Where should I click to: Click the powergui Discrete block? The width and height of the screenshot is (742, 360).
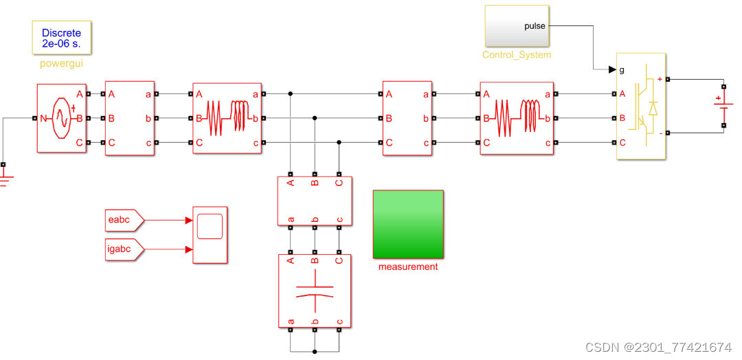coord(61,37)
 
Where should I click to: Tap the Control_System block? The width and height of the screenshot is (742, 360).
coord(517,26)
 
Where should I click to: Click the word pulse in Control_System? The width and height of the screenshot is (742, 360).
coord(535,26)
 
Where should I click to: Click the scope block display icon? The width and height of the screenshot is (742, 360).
coord(210,226)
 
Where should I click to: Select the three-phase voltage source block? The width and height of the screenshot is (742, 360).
coord(61,118)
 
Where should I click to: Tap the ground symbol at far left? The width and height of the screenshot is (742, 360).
coord(4,180)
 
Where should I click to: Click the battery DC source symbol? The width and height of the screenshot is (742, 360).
coord(723,106)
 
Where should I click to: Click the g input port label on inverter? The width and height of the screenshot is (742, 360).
coord(622,69)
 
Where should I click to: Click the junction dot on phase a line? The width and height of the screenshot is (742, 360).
coord(291,93)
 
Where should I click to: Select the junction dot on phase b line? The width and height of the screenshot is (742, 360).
coord(315,118)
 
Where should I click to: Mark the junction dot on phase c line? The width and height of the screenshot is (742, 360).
coord(339,142)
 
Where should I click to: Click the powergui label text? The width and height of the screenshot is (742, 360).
coord(61,64)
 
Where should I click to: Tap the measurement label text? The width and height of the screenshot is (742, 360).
coord(408,267)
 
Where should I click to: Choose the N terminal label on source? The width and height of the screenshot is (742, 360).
coord(43,118)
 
